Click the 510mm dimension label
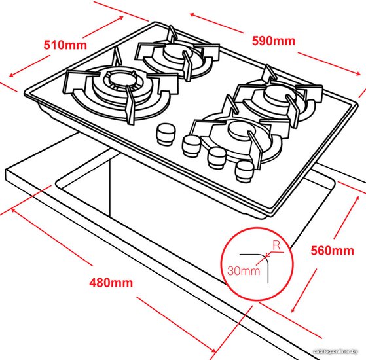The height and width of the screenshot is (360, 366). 65,45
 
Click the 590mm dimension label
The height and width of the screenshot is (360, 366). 274,41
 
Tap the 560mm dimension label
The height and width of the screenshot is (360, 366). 332,251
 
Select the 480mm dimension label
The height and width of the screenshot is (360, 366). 111,283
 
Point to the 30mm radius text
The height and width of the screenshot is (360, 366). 244,271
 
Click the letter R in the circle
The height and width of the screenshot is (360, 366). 277,245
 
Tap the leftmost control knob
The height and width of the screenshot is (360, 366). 166,134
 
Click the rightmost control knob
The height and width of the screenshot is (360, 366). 244,171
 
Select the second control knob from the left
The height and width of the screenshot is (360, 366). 191,146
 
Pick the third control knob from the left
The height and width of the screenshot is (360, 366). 217,158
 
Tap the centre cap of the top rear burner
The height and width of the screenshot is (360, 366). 175,50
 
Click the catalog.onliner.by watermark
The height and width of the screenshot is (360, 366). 335,351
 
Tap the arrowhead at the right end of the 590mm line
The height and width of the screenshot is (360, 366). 358,74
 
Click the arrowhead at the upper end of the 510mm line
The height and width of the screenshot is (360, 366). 120,18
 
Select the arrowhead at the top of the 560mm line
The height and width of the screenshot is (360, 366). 357,199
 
